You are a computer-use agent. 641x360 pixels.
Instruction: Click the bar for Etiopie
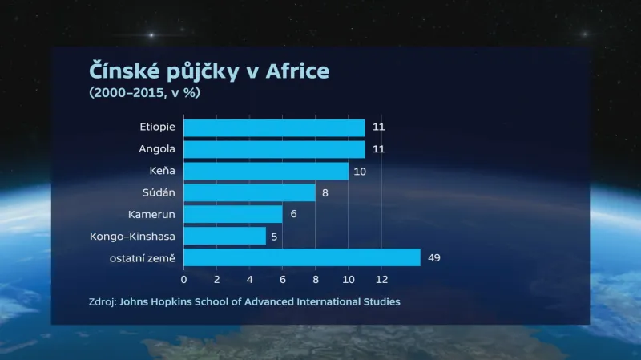click(x=274, y=127)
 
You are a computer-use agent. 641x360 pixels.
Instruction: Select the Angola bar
click(x=274, y=149)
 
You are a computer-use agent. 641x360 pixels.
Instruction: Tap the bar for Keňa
click(x=266, y=171)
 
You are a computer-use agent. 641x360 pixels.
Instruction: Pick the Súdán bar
click(x=249, y=192)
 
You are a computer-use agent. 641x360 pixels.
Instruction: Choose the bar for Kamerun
click(x=233, y=214)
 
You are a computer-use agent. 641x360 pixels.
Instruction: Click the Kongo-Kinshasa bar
click(x=225, y=236)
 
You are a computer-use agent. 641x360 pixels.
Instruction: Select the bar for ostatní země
click(x=302, y=257)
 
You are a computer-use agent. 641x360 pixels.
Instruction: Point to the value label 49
click(x=434, y=257)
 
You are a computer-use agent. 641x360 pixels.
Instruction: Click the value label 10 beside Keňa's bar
click(x=359, y=171)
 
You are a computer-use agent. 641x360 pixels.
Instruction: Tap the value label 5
click(x=274, y=236)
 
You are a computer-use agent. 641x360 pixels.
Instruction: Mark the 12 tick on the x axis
click(x=381, y=279)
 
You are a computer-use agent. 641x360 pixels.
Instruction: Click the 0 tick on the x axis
click(x=184, y=279)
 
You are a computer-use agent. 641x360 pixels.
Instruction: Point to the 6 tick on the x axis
click(x=283, y=279)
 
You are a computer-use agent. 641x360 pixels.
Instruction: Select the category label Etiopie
click(x=157, y=127)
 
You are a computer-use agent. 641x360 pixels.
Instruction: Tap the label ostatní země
click(x=143, y=257)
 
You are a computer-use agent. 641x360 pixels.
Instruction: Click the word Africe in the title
click(x=298, y=71)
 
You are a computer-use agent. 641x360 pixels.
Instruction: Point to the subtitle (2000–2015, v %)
click(x=144, y=92)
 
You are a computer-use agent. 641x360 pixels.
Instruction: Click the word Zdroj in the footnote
click(x=103, y=302)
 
